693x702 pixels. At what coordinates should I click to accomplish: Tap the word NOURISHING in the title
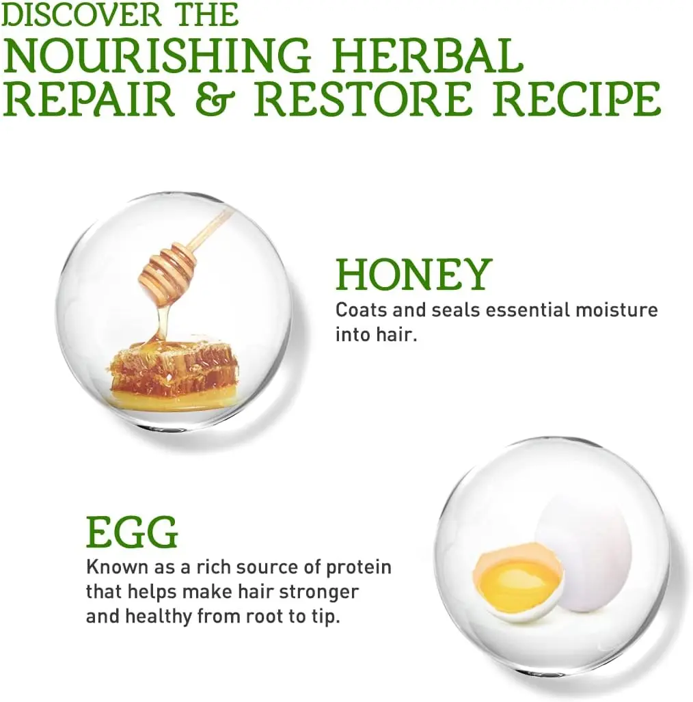[x=157, y=55]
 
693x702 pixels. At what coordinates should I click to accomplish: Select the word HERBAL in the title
[x=429, y=55]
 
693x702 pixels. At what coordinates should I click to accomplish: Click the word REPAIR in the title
[x=89, y=98]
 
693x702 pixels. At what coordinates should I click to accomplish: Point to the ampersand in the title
[x=215, y=99]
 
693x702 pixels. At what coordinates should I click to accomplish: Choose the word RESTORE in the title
[x=364, y=98]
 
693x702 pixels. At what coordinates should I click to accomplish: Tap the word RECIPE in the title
[x=577, y=98]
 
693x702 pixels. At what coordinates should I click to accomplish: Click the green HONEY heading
[x=414, y=273]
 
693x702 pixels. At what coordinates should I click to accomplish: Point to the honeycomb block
[x=174, y=374]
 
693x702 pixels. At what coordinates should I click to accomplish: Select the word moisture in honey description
[x=616, y=310]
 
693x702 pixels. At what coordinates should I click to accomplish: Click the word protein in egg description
[x=359, y=568]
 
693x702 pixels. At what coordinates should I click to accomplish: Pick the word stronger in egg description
[x=318, y=593]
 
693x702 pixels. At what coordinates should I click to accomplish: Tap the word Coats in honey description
[x=362, y=310]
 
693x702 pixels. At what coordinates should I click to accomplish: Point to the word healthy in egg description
[x=159, y=617]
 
